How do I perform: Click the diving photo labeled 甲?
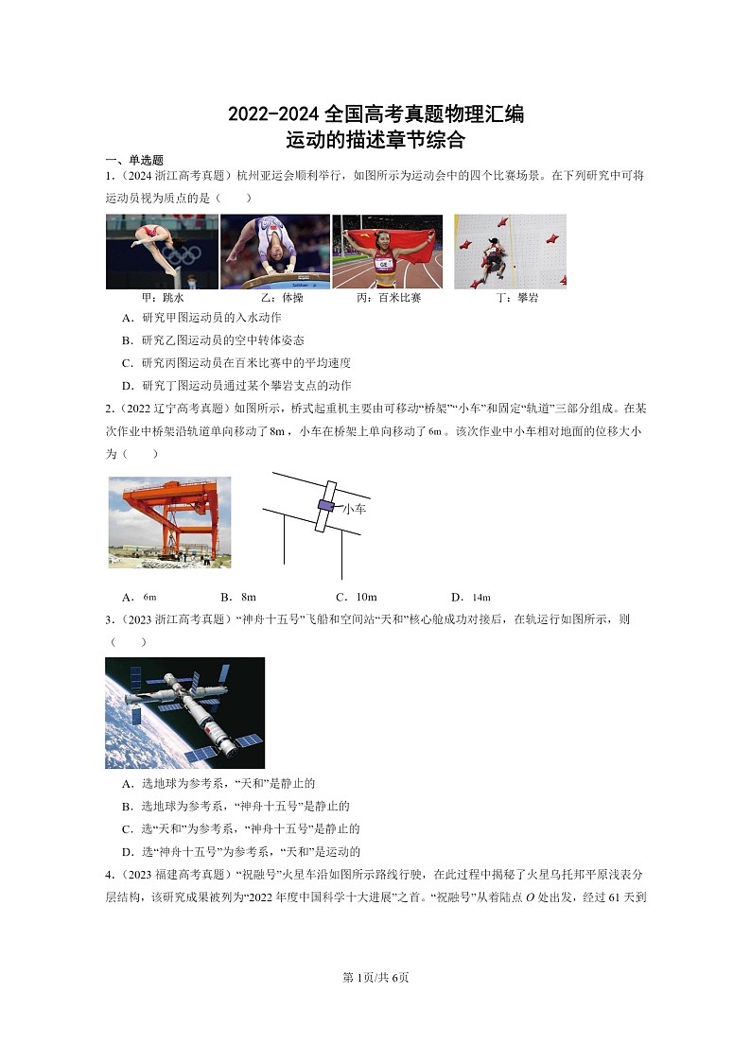162,251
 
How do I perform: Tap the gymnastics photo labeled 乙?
274,251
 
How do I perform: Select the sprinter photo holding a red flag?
387,251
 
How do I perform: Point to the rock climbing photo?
510,251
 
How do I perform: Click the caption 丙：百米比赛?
389,297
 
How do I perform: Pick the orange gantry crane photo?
169,522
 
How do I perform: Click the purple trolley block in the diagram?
325,506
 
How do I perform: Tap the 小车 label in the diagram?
354,509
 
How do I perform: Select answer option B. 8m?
238,597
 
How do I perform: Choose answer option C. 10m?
357,597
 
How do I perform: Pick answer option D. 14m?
471,597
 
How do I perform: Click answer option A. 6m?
139,597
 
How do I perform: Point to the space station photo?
184,713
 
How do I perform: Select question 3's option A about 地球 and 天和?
218,783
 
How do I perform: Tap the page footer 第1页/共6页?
375,977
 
